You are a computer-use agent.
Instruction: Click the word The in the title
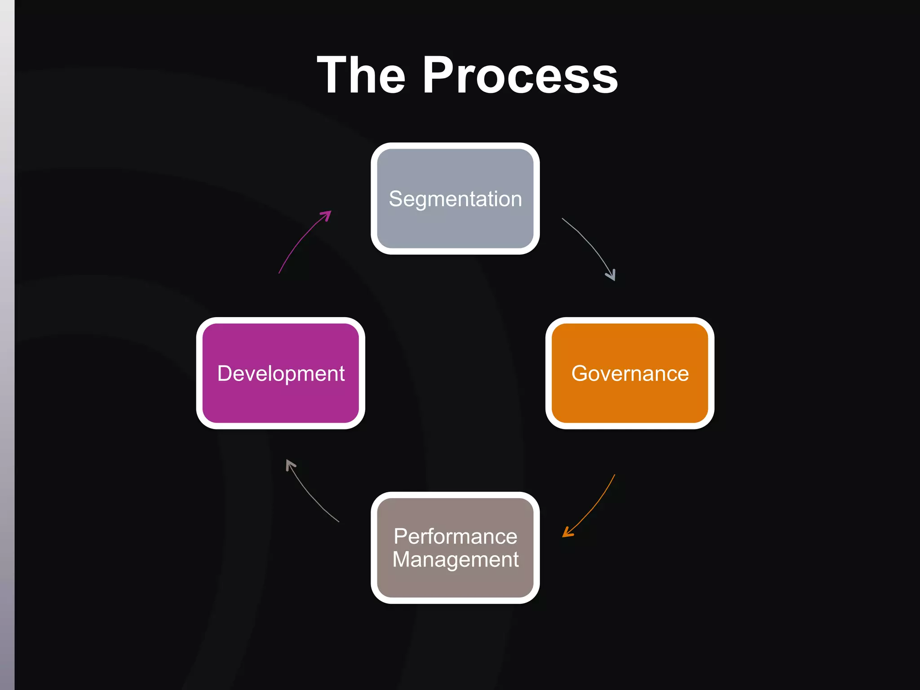361,75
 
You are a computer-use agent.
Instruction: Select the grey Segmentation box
455,225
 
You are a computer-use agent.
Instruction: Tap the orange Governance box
630,400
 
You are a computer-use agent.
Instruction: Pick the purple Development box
281,400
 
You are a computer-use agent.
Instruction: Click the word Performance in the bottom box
455,536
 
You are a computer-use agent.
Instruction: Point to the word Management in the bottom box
455,560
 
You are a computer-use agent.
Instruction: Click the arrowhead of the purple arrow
327,215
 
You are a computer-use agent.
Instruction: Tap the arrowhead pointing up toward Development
290,464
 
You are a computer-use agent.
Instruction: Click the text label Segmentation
455,199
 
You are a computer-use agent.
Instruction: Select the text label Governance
630,373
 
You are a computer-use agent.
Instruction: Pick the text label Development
281,373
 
